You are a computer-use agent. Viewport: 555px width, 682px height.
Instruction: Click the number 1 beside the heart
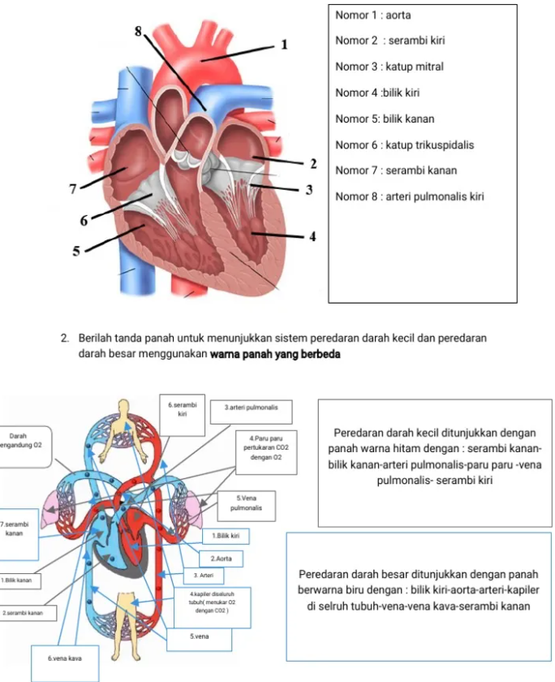click(x=285, y=45)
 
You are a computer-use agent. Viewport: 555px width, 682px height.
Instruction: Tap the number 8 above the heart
click(x=138, y=31)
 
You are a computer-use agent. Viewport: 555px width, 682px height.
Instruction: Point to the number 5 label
click(x=77, y=252)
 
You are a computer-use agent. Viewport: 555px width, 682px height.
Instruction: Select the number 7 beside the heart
click(x=73, y=189)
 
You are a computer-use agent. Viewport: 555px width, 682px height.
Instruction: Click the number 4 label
click(x=312, y=236)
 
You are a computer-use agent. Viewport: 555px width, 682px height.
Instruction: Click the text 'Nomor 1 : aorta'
click(x=367, y=15)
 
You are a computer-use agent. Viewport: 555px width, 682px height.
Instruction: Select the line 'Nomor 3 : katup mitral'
click(x=389, y=67)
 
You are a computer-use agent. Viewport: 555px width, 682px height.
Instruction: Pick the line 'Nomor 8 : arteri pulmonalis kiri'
click(x=409, y=196)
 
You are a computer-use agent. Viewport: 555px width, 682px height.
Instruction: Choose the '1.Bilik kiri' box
click(x=226, y=537)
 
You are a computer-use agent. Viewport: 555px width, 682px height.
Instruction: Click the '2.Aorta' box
click(x=222, y=559)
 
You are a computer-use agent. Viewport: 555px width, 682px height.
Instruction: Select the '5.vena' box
click(x=200, y=637)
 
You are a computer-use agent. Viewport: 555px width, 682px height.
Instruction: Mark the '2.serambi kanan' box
click(x=24, y=612)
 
